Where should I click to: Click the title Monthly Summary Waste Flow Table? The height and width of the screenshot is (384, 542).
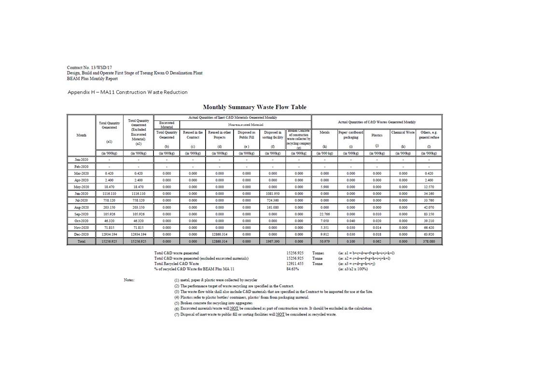point(254,107)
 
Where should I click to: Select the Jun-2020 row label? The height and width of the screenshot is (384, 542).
point(82,193)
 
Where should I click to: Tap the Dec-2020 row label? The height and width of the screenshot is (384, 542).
point(82,234)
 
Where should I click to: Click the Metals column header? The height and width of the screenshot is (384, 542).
point(324,132)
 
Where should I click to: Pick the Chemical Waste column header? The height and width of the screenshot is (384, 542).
point(403,132)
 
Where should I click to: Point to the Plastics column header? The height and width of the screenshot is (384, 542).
point(377,135)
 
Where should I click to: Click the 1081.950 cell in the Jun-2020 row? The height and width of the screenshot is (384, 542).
point(273,193)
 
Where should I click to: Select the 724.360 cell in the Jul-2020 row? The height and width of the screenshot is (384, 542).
point(273,200)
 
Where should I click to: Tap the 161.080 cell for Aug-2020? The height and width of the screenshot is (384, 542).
point(273,207)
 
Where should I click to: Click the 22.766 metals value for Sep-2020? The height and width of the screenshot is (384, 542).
point(324,213)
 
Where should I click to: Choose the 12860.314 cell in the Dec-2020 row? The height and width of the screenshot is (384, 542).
point(220,234)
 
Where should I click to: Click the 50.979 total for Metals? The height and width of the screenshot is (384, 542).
point(324,241)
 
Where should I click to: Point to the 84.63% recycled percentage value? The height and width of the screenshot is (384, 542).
point(292,269)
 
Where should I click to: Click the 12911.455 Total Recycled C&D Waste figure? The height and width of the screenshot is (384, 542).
point(294,263)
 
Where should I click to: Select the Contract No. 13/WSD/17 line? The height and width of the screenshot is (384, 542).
point(90,67)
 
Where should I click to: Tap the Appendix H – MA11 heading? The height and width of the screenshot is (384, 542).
point(127,92)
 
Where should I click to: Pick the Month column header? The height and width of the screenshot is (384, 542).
point(82,135)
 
